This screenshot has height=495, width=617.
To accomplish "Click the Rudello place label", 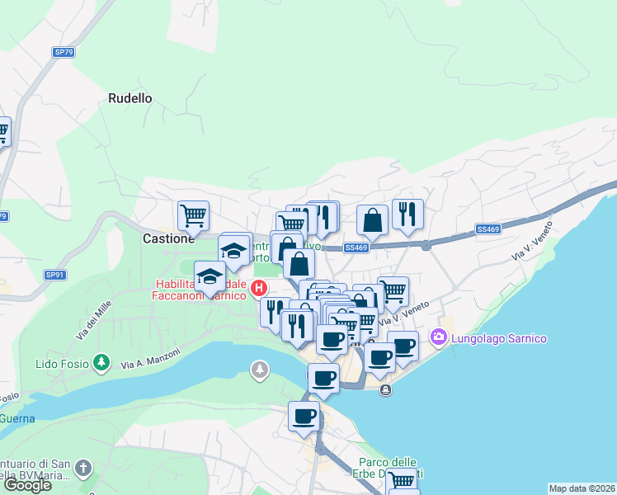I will coord(130,98).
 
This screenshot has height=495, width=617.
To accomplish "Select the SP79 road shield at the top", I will coord(64,52).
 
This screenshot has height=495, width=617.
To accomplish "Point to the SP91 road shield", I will coord(54,275).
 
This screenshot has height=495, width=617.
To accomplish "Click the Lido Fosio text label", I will coord(63,363).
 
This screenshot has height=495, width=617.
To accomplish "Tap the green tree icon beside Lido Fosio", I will coord(101,362).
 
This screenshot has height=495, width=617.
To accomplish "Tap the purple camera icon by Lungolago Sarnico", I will coord(438,337).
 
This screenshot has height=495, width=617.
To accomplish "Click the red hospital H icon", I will coord(259,288).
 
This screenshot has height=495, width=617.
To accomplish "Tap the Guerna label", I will coord(16,418).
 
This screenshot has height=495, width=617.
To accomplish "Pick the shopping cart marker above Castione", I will coord(193,216).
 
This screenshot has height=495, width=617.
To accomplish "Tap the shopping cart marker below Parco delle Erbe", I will coord(402,480).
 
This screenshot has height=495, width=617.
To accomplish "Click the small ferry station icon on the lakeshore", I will coord(385,390).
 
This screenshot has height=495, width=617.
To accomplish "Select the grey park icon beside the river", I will coord(261,370).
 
